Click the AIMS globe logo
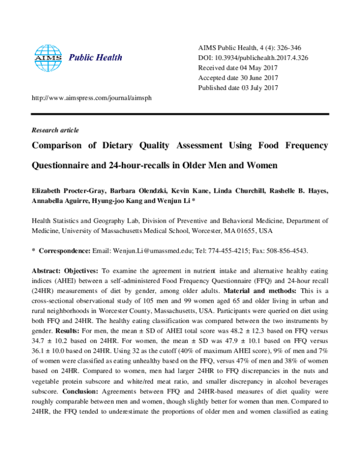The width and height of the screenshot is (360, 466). pos(48,58)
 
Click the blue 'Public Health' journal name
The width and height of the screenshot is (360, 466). pos(96,58)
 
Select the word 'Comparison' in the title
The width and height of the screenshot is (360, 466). pos(62,146)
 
